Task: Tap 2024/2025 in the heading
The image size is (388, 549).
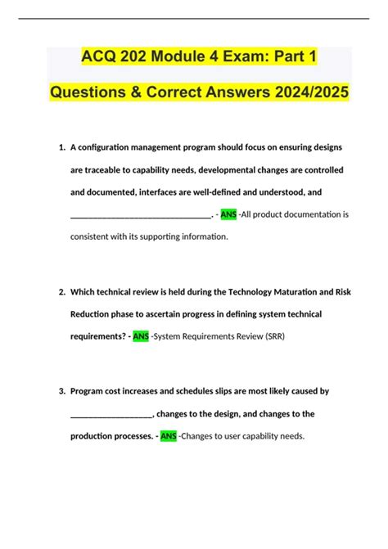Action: point(301,93)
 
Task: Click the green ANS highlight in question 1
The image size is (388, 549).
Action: point(228,214)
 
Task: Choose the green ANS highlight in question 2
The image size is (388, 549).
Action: point(141,336)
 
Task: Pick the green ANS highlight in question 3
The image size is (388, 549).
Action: point(169,436)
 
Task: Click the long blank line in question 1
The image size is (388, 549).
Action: point(141,216)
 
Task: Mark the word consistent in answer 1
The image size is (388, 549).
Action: point(92,237)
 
